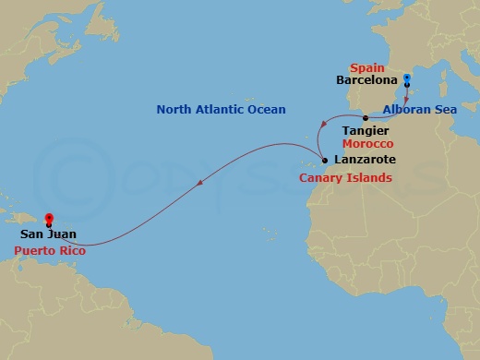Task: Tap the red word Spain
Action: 366,67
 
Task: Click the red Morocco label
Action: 367,145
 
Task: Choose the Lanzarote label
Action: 362,161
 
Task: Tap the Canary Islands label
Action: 346,176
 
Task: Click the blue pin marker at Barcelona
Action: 407,78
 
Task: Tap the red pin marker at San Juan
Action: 49,219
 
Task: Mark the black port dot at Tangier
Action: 366,118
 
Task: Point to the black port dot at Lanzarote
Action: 324,161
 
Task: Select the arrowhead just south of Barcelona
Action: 408,101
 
